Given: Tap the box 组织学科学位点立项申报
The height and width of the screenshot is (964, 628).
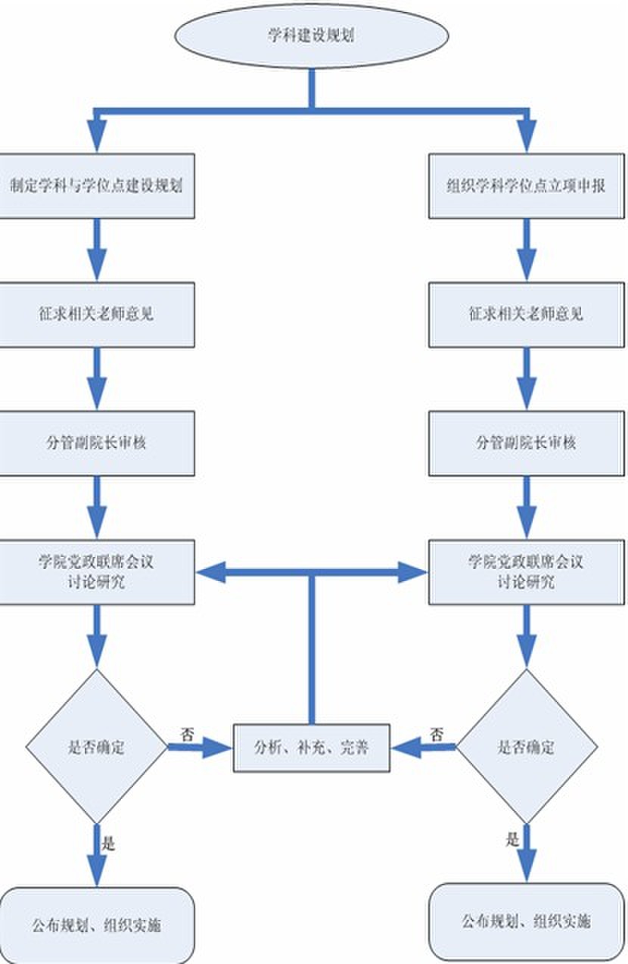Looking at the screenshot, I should pos(526,186).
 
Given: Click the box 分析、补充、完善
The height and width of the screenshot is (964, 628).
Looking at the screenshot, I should pos(312,748).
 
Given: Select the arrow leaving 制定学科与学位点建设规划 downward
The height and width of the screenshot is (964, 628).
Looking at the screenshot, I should pos(96,250).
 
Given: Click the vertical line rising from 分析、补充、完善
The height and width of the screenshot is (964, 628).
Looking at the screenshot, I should pos(310,651).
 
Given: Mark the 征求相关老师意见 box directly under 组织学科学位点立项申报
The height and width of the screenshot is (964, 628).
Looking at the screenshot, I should pos(526,315).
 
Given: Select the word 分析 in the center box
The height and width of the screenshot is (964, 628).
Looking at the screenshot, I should pos(266,748).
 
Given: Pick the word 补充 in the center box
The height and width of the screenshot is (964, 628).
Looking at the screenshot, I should pos(311,748).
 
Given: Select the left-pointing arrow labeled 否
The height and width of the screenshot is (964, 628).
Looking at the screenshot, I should pos(424,748).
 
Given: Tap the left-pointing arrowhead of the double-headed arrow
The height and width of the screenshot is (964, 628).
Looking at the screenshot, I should pos(210,573).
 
